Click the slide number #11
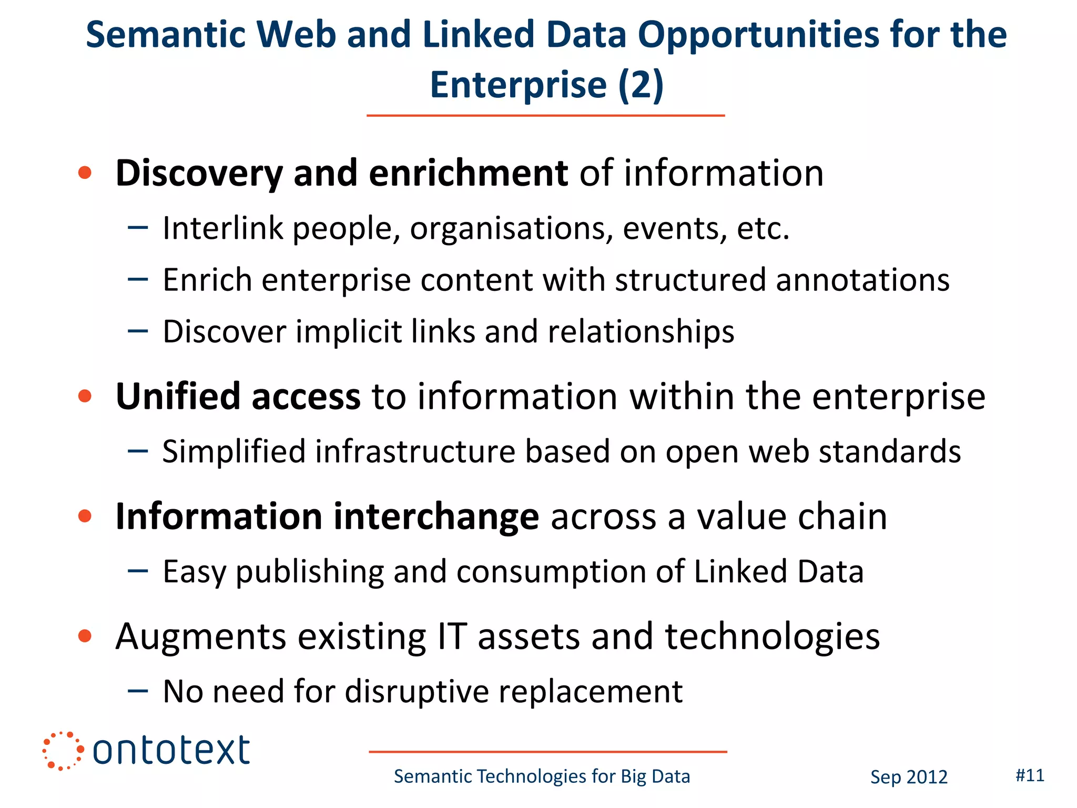1030,775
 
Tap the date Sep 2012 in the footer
909,777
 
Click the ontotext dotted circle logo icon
63,751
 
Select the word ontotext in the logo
171,751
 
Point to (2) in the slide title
641,85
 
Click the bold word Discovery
199,174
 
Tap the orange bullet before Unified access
85,396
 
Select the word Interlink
223,228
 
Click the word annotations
863,280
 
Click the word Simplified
233,452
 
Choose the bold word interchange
436,517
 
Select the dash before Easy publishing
138,571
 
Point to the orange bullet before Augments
85,636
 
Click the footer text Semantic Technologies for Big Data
542,776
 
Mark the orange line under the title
545,115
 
